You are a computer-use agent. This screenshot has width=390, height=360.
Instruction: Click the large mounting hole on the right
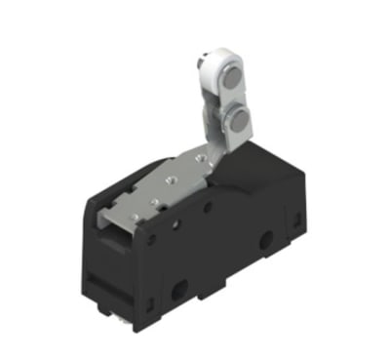click(266, 239)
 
